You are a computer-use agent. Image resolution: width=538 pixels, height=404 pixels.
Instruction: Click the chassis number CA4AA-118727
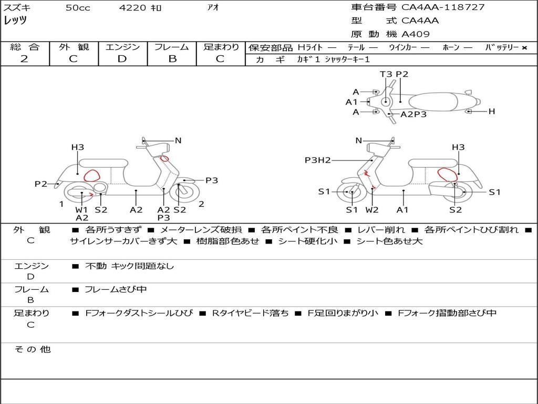[443, 7]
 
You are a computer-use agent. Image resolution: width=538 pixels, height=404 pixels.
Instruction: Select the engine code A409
[416, 34]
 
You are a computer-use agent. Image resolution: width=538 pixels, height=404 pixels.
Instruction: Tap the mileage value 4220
[132, 7]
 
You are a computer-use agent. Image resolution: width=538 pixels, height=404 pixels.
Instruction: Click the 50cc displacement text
[78, 7]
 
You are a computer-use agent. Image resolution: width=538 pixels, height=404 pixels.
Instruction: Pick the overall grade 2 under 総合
[24, 58]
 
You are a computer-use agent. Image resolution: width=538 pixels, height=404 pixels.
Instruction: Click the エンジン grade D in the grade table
[122, 58]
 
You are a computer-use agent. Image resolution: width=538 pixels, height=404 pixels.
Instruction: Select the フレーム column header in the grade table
[172, 47]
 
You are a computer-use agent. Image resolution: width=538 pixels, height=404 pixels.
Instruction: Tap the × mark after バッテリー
[524, 48]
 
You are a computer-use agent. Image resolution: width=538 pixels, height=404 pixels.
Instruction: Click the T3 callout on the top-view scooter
[386, 74]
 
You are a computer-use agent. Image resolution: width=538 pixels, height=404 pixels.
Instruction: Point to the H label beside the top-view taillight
[492, 112]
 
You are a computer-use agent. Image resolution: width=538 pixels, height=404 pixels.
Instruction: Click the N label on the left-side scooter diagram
[178, 140]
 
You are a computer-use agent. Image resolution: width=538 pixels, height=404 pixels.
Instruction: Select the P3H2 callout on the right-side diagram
[318, 160]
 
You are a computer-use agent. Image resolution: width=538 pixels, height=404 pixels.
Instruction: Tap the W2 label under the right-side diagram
[372, 210]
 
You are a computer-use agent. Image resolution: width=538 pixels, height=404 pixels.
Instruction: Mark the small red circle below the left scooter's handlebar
[164, 158]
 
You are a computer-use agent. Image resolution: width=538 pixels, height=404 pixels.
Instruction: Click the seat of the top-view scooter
[433, 102]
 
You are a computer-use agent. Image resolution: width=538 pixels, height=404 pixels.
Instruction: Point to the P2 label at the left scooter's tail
[41, 184]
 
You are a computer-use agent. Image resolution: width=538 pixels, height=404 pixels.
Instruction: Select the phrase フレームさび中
[116, 290]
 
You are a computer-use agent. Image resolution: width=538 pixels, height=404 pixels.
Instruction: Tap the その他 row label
[33, 349]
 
